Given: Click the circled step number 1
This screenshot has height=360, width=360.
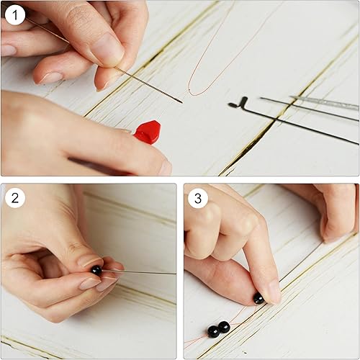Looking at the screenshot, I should click(16, 15).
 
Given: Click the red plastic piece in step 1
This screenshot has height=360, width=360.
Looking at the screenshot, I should click(148, 132).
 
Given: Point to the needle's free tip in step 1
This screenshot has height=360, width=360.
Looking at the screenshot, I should click(181, 102).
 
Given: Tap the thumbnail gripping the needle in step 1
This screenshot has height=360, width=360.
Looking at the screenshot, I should click(107, 50).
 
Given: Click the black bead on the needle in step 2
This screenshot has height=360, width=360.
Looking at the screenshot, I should click(96, 271).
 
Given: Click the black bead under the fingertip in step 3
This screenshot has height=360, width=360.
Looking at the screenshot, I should click(258, 297).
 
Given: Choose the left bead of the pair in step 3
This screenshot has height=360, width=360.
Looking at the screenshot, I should click(213, 331).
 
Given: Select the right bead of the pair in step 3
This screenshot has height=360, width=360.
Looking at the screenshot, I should click(225, 327).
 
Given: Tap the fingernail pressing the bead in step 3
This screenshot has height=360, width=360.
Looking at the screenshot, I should click(270, 292).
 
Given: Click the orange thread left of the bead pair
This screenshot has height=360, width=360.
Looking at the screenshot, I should click(196, 338).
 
